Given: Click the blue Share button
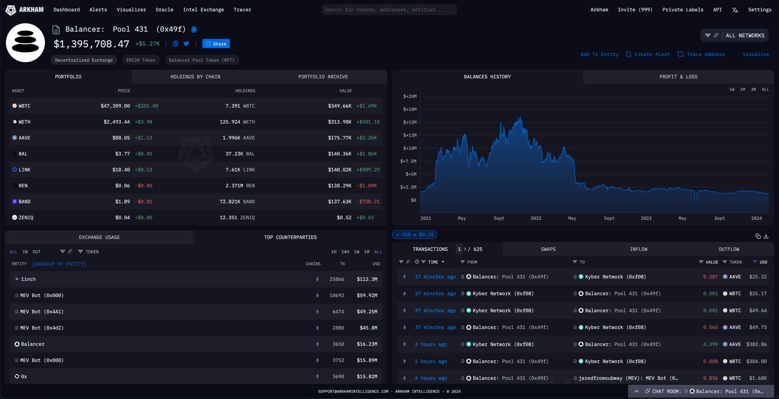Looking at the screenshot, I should point(216,44).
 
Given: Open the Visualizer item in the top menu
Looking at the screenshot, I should point(131,10).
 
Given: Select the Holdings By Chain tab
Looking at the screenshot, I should point(195,77).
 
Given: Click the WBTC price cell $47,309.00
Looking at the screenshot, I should point(115,106).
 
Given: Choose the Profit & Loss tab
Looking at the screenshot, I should point(678,77).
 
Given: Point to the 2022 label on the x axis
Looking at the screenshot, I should point(536,218).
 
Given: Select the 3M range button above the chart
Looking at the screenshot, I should point(753,89).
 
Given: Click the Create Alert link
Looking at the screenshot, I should point(652,54).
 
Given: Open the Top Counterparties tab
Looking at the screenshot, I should point(290,237).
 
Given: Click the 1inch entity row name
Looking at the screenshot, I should point(28,279).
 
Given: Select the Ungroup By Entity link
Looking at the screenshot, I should point(59,264).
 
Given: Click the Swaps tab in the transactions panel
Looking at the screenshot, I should point(548,249).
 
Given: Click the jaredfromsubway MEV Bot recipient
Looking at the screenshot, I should point(628,378).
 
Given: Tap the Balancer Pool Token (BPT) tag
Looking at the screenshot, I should point(202,60).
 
